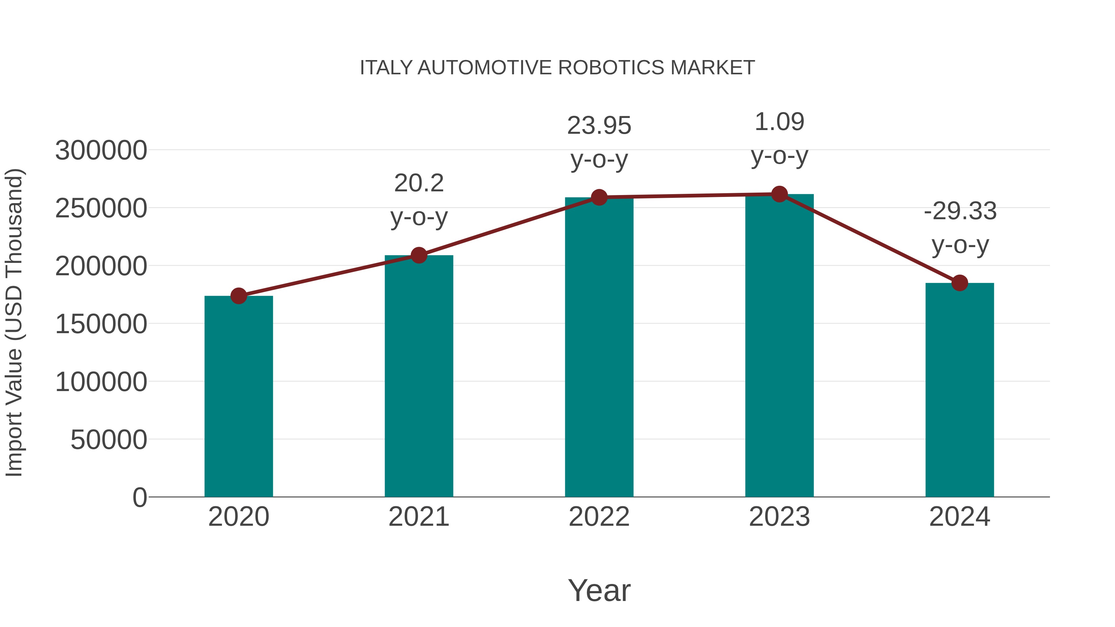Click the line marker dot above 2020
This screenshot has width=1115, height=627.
pyautogui.click(x=238, y=296)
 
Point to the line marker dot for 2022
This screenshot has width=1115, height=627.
pyautogui.click(x=599, y=197)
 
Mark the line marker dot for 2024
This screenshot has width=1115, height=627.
pyautogui.click(x=960, y=283)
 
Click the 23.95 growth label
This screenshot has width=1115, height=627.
pyautogui.click(x=599, y=126)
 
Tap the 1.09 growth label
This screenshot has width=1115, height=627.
pyautogui.click(x=779, y=122)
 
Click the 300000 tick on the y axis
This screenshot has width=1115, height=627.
pyautogui.click(x=101, y=150)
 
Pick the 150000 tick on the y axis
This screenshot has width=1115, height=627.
pyautogui.click(x=101, y=324)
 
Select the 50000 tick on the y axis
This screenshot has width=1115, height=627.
pyautogui.click(x=109, y=440)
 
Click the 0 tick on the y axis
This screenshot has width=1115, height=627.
pyautogui.click(x=140, y=497)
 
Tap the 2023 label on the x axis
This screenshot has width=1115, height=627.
pyautogui.click(x=779, y=517)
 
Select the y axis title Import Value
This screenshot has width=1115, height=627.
pyautogui.click(x=14, y=322)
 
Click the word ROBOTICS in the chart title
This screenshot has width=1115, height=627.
pyautogui.click(x=611, y=68)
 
